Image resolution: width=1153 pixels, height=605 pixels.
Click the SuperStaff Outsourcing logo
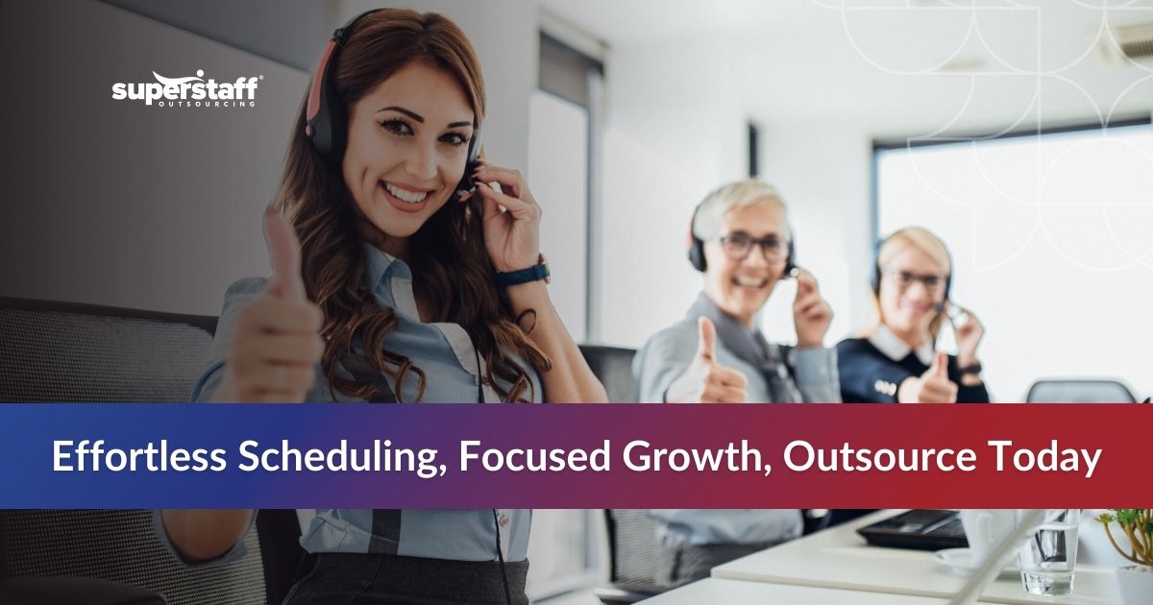click(185, 88)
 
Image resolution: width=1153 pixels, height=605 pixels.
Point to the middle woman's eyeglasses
click(754, 247)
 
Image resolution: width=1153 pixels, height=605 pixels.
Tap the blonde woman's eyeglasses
click(917, 280)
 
